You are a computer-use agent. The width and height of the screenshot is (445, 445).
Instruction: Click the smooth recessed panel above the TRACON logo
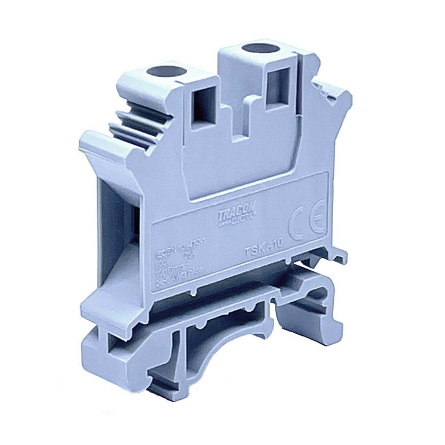point(233,174)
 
